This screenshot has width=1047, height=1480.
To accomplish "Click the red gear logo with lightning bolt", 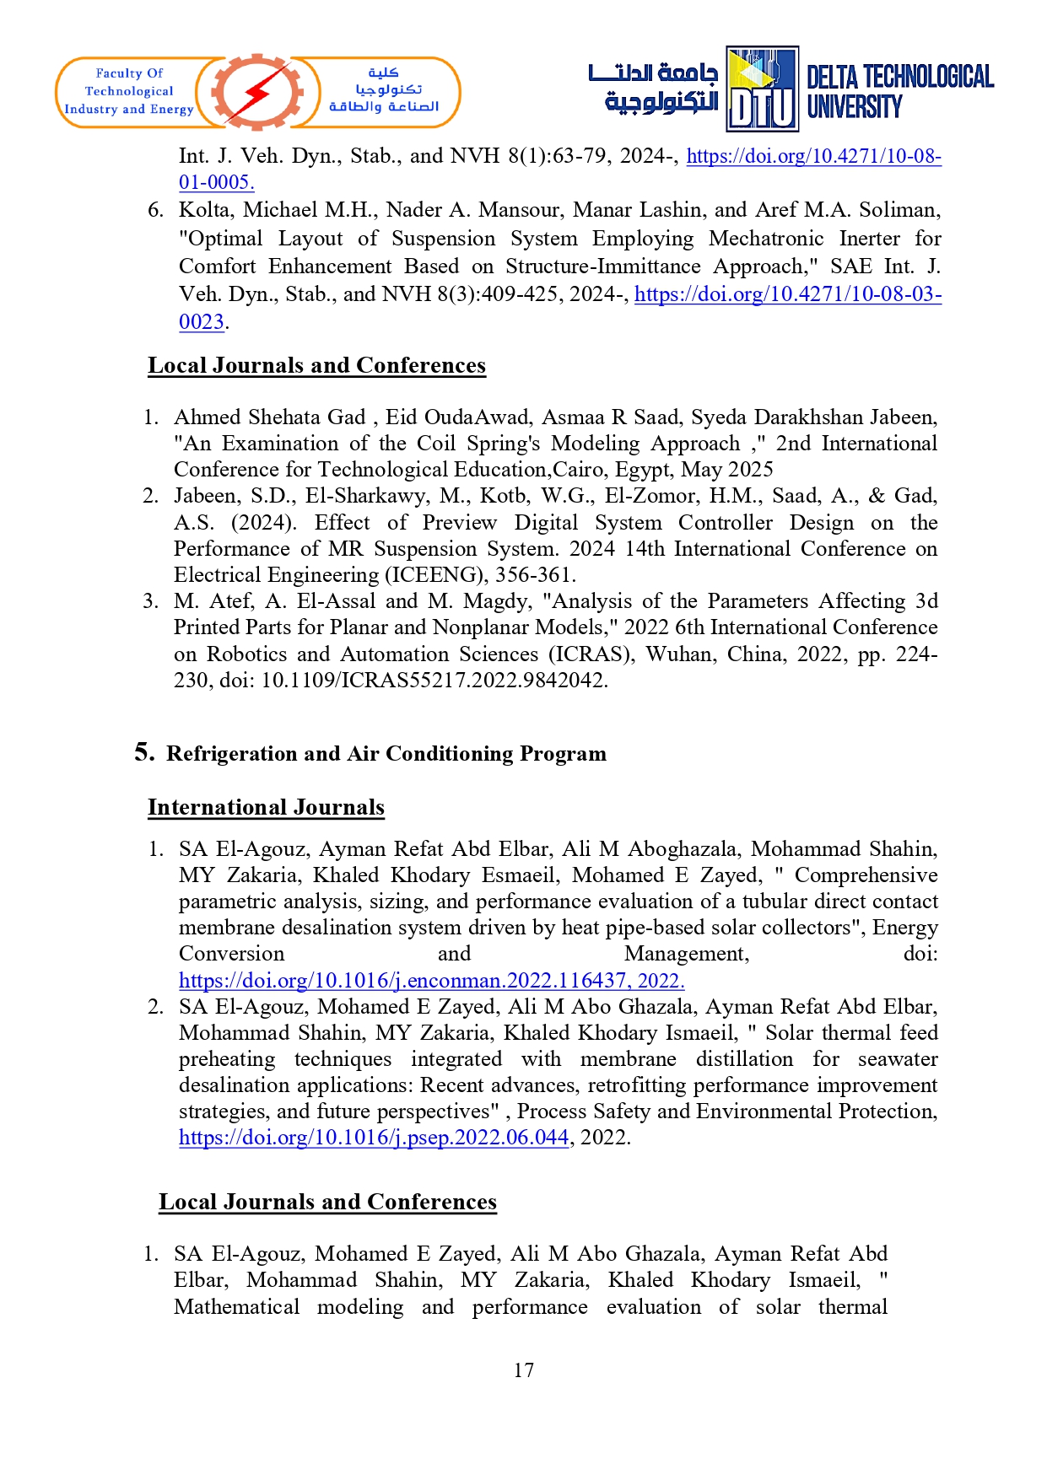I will pos(256,92).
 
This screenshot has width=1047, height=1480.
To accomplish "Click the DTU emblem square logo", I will pos(762,89).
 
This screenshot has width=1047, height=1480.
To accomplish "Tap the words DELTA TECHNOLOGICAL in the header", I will pos(899,78).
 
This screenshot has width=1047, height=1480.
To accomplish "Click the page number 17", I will pos(523,1370).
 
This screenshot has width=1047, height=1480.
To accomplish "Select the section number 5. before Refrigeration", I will pos(144,752).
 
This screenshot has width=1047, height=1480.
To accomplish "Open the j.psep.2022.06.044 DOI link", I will pos(374,1138).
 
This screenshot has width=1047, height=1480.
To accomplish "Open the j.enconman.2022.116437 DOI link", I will pos(431,981).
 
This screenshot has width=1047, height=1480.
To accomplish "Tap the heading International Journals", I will pos(266,808).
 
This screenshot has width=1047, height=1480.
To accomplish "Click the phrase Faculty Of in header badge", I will pos(129,73).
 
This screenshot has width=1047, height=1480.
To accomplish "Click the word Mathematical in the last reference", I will pos(236,1307).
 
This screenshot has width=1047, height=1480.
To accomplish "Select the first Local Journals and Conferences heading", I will pos(316,366).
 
